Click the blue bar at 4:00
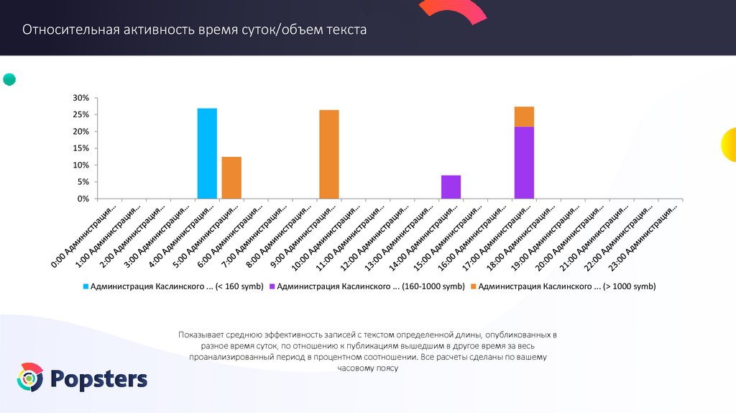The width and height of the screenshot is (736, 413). click(x=207, y=153)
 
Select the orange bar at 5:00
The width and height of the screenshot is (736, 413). click(x=231, y=177)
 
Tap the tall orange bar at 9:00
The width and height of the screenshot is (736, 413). click(x=329, y=154)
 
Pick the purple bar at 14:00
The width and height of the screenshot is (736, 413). click(x=451, y=186)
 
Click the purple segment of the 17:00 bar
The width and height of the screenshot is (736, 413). click(x=524, y=162)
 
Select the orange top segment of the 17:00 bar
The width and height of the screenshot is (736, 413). click(x=524, y=117)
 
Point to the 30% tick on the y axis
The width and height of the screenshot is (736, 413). click(x=80, y=98)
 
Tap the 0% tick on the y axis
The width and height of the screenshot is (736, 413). click(x=83, y=199)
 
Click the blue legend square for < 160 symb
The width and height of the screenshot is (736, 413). click(x=86, y=286)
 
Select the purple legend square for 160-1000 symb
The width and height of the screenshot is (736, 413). click(x=272, y=286)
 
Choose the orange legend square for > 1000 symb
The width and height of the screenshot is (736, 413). click(x=473, y=286)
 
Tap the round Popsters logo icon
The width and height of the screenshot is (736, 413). click(x=30, y=378)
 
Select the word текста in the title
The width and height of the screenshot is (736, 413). click(x=346, y=30)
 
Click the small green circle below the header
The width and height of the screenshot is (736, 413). click(x=9, y=79)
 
